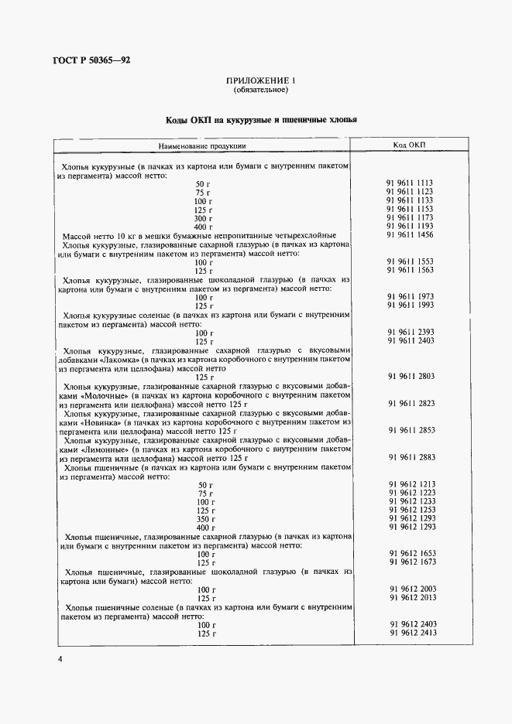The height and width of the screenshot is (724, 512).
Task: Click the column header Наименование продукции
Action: coord(203,145)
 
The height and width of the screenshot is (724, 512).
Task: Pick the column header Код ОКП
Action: coord(410,145)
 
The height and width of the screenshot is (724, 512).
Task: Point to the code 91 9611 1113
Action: coord(410,183)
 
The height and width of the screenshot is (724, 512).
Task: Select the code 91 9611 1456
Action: coord(410,235)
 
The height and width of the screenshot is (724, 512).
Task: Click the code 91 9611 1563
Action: coord(410,271)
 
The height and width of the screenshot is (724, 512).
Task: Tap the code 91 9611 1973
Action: coord(410,297)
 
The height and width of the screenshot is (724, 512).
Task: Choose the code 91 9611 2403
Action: coord(410,341)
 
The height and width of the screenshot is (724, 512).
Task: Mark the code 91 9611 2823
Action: coord(410,403)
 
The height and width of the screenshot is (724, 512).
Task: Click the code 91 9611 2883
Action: coord(410,457)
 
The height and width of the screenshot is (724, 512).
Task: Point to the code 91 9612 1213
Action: coord(410,484)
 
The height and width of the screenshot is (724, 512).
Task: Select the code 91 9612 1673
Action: coord(410,563)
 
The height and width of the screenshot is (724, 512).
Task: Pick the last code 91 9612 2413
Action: coord(410,633)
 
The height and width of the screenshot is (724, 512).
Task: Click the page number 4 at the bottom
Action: coord(59,659)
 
